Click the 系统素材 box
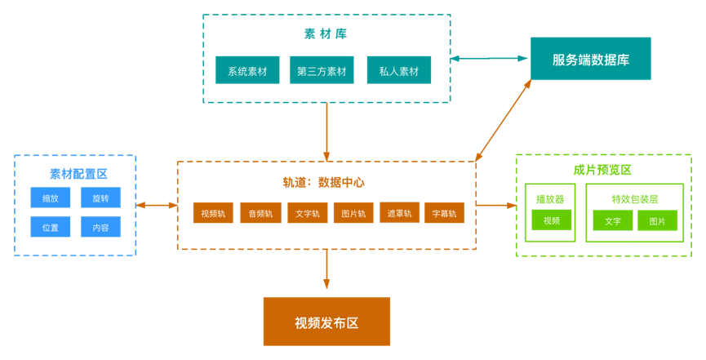247,70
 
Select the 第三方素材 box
322,70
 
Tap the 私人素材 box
399,70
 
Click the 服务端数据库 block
590,59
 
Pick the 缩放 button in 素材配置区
51,198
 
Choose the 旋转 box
100,198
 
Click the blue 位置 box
51,227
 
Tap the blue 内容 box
100,227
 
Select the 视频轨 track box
213,213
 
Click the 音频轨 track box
260,213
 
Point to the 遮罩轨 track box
400,212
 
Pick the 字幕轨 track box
444,213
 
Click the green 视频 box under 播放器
552,220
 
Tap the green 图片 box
657,220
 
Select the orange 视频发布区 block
326,322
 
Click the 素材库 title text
326,34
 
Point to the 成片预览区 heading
602,170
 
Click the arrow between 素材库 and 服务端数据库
490,58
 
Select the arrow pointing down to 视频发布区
326,269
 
